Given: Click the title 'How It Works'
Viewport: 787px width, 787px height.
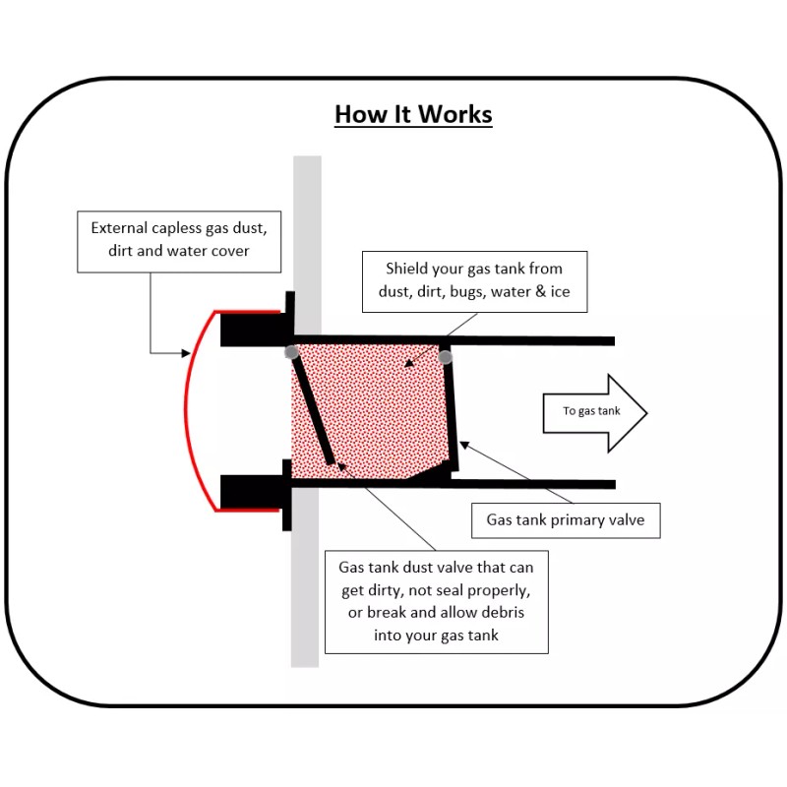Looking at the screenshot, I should coord(413,114).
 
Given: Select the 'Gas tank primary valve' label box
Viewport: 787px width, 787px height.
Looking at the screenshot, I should coord(566,519).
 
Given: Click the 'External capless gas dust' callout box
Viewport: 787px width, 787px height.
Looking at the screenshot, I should coord(179,239).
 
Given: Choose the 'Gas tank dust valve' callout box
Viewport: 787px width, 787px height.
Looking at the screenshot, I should coord(436,601).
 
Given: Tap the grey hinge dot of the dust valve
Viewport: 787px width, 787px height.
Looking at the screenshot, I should coord(291,351).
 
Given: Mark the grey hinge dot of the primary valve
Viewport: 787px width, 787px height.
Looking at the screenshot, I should coord(446,356).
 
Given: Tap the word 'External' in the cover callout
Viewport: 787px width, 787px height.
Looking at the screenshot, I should coord(121,227).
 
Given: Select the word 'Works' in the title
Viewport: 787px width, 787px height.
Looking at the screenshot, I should coord(454,114).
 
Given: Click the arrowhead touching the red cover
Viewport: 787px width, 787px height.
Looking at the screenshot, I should coord(185,351).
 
